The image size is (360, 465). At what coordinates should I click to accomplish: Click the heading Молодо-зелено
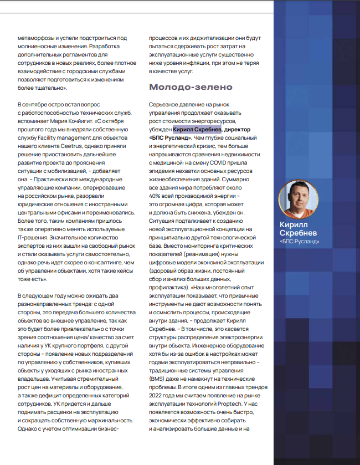191,88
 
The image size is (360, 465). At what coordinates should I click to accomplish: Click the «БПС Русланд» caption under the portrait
300,242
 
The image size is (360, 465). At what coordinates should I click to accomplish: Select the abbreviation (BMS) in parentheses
158,379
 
